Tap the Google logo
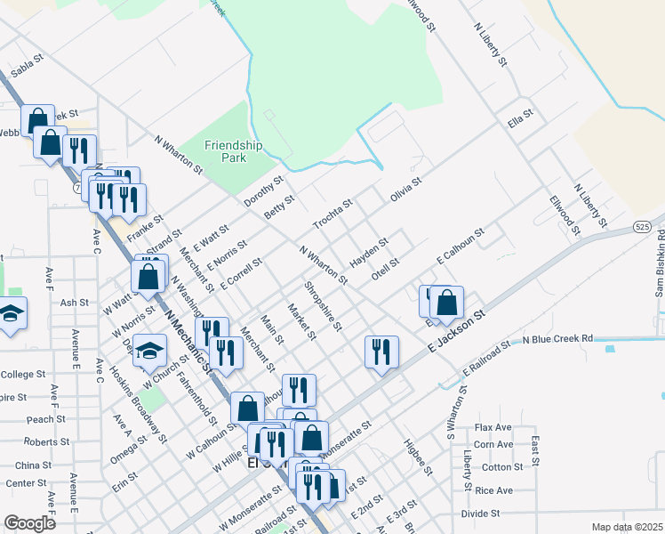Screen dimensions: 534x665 pyautogui.click(x=30, y=523)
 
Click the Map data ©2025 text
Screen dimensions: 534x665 pyautogui.click(x=627, y=527)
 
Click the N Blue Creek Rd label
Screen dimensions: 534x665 pyautogui.click(x=557, y=339)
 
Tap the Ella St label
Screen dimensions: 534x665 pyautogui.click(x=519, y=117)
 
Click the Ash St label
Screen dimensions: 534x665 pyautogui.click(x=75, y=303)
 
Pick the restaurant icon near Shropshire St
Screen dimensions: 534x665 pyautogui.click(x=381, y=352)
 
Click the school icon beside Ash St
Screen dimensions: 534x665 pyautogui.click(x=11, y=315)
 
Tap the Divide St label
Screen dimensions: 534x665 pyautogui.click(x=481, y=514)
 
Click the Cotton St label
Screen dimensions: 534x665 pyautogui.click(x=502, y=467)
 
